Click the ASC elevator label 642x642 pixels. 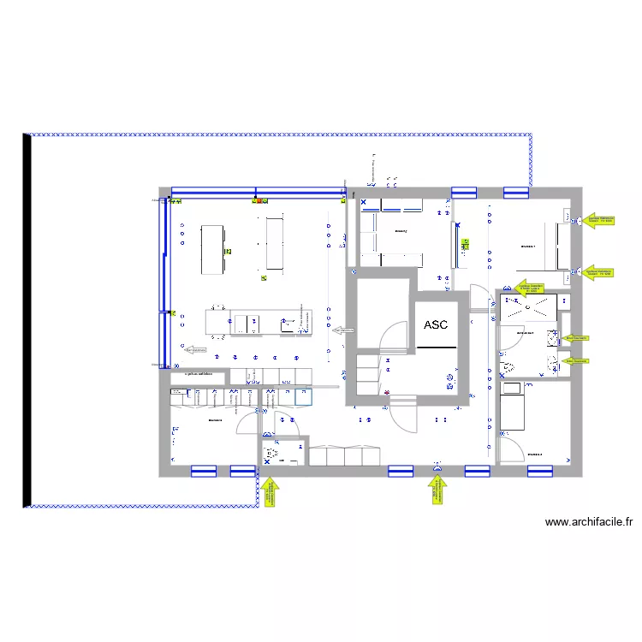436,325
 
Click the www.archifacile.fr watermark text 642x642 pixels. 588,522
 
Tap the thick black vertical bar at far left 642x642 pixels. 27,321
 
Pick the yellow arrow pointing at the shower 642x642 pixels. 529,288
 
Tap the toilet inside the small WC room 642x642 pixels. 273,454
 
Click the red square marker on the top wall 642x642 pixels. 254,201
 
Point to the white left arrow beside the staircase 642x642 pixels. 342,329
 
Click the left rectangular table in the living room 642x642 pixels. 214,249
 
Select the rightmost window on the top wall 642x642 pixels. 515,192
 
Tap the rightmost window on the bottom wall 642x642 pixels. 538,470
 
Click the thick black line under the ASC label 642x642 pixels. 437,348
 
